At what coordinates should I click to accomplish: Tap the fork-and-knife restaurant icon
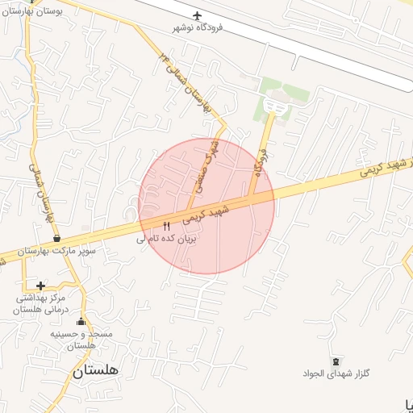tap(167, 225)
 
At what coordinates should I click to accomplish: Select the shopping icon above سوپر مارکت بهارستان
tap(56, 239)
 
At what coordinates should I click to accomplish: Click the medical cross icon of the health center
tap(40, 285)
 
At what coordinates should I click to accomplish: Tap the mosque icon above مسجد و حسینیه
tap(80, 321)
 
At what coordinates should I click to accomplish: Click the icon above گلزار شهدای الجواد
tap(335, 360)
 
